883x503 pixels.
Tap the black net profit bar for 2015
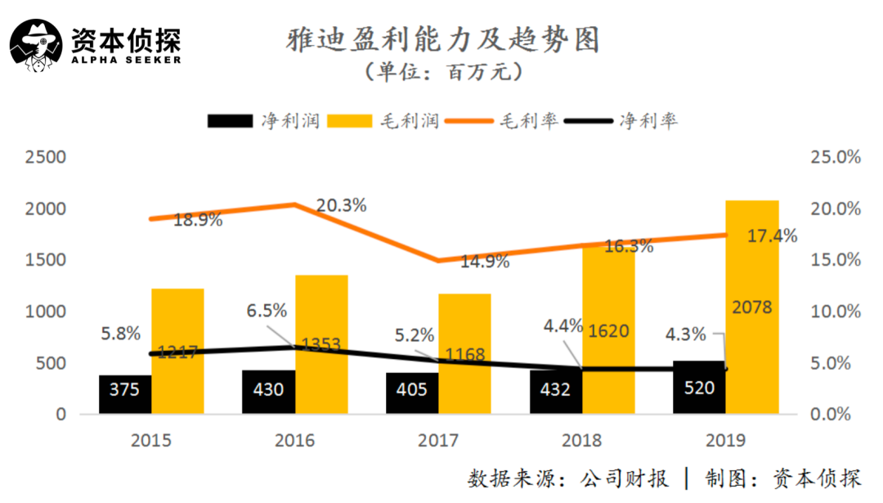(125, 394)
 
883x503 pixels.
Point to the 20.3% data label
(341, 206)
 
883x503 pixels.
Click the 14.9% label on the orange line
(484, 262)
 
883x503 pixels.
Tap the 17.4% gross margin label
(773, 236)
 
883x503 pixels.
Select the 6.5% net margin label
(267, 311)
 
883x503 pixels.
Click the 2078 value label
(751, 308)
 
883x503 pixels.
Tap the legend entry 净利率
(648, 121)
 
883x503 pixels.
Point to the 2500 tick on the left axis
(47, 157)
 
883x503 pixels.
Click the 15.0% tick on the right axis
(835, 260)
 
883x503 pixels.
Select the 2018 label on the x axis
(581, 440)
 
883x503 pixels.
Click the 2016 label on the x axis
(294, 440)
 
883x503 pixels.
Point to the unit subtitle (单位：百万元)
(444, 72)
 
